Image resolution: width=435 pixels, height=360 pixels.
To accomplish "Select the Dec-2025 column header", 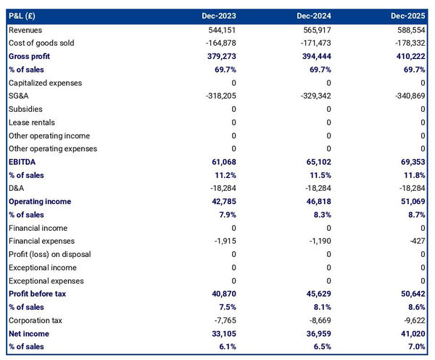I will [x=407, y=16].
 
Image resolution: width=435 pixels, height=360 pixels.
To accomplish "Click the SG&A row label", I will [x=20, y=96].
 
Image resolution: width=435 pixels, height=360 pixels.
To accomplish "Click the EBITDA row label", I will [x=22, y=162].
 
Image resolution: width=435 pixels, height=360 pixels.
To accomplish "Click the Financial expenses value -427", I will [x=416, y=241].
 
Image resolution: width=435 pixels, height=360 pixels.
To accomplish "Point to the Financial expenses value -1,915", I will [x=224, y=241].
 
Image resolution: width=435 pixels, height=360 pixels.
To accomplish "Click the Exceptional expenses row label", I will [x=46, y=281].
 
